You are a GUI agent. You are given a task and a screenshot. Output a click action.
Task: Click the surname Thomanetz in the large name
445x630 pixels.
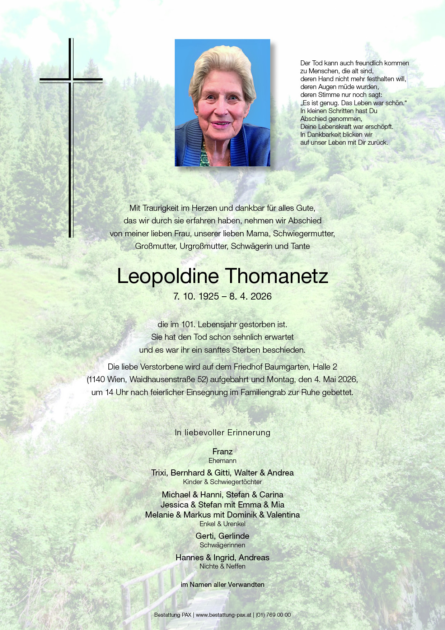276,276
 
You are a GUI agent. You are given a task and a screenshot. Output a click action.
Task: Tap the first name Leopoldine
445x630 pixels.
168,276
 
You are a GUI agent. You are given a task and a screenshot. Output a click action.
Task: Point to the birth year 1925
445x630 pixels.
209,296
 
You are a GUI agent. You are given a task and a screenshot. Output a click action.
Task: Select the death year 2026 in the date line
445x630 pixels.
261,296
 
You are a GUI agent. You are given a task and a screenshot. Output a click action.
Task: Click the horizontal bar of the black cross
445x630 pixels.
71,80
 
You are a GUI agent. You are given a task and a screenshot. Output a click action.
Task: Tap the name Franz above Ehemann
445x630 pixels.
222,451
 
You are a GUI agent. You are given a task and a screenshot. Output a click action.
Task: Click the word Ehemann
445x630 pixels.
222,460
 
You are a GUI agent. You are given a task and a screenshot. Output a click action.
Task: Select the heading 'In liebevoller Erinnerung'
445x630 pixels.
222,432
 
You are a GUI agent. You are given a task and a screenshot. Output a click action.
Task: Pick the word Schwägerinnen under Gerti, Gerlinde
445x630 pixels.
222,545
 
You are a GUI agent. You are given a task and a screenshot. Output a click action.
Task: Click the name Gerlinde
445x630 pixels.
234,536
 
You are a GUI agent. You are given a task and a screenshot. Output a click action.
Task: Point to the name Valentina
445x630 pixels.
283,515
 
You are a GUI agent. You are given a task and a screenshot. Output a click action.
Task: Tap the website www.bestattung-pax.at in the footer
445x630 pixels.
223,615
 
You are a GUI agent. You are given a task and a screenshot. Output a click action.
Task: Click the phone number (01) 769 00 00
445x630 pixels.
273,615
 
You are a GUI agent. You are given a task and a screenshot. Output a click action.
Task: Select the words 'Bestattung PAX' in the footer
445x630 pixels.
173,615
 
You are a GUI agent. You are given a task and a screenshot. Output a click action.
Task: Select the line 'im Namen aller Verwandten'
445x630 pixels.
222,584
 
